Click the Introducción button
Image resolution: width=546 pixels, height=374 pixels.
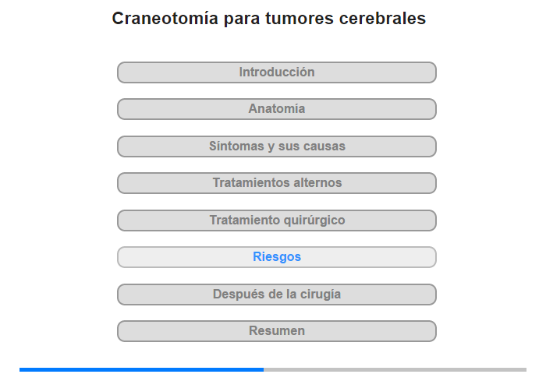(x=277, y=72)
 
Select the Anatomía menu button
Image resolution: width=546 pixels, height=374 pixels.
(x=277, y=109)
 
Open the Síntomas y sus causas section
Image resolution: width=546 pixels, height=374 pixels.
(x=277, y=146)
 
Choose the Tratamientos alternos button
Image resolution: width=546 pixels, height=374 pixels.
(x=277, y=183)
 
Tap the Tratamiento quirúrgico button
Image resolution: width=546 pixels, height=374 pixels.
(x=277, y=221)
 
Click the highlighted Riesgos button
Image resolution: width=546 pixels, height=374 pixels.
(x=277, y=257)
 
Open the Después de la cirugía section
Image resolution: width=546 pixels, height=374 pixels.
(x=277, y=295)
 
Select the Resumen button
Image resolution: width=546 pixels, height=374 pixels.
(x=277, y=331)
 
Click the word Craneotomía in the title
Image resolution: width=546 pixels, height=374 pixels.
(x=165, y=18)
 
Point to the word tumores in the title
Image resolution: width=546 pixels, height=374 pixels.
(x=300, y=19)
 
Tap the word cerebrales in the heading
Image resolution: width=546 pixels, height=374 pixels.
(x=382, y=18)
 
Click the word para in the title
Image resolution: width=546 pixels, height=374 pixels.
(x=242, y=20)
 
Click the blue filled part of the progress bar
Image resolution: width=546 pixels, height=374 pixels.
(x=141, y=369)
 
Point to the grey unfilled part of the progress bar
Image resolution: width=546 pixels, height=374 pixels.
(x=395, y=369)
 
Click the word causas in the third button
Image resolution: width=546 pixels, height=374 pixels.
(x=324, y=146)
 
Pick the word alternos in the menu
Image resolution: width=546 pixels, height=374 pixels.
(x=317, y=182)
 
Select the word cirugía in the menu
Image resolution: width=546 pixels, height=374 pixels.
(x=321, y=295)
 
